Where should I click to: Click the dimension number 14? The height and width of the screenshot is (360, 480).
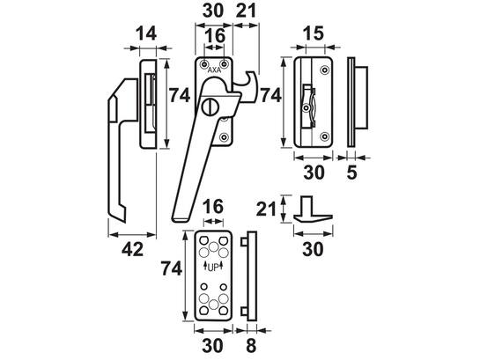(x=146, y=33)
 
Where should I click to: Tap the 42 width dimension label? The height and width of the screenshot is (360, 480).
(x=132, y=249)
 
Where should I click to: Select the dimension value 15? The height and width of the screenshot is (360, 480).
(x=314, y=33)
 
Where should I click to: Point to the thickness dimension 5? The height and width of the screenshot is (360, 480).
(x=351, y=173)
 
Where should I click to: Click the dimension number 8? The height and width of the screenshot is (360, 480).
(x=251, y=346)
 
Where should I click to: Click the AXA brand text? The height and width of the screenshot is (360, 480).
(x=214, y=70)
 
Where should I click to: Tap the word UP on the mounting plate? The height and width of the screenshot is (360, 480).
(x=214, y=268)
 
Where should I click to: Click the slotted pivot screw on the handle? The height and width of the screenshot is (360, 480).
(x=209, y=107)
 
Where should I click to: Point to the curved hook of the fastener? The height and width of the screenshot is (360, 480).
(x=249, y=85)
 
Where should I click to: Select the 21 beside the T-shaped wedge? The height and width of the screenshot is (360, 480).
(x=266, y=209)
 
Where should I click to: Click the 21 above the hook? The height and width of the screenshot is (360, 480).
(x=247, y=11)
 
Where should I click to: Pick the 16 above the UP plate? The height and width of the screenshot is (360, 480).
(x=213, y=207)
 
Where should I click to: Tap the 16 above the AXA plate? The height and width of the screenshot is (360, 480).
(x=215, y=36)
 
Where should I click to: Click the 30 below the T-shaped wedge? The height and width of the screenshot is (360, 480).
(x=313, y=249)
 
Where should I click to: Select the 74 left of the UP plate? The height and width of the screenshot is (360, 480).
(x=172, y=269)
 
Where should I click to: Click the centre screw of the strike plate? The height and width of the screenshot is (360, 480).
(x=306, y=108)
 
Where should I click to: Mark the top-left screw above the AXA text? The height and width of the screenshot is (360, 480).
(x=203, y=64)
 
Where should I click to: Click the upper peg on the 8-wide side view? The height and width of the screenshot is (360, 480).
(x=244, y=242)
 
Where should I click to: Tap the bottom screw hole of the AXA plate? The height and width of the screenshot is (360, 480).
(x=225, y=137)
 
